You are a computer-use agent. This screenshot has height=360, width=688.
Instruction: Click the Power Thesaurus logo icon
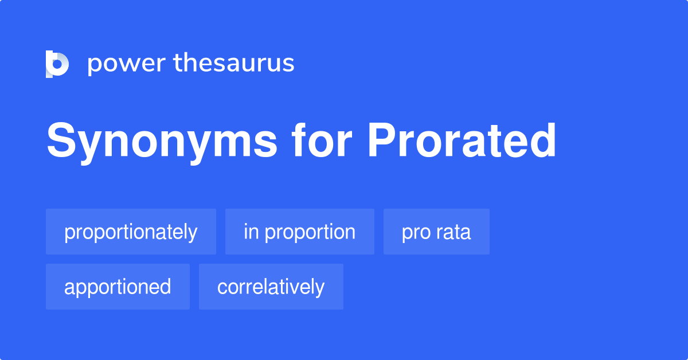(57, 64)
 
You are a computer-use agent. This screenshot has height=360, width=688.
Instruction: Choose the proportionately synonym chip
(131, 232)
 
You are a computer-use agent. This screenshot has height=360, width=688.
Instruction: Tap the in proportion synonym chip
(299, 232)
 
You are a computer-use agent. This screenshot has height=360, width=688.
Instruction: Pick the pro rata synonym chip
(436, 232)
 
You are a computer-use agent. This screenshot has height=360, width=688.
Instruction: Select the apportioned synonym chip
(118, 287)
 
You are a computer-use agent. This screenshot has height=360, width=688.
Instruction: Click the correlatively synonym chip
(271, 287)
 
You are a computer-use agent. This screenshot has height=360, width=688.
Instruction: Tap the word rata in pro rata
(454, 232)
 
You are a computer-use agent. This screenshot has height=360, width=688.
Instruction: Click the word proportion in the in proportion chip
(310, 232)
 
